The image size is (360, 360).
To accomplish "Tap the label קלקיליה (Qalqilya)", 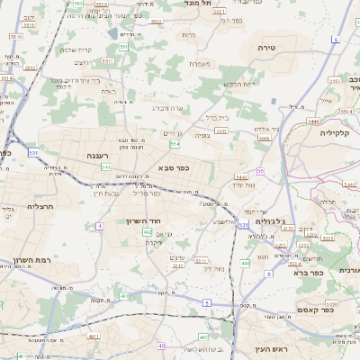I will click(338, 132).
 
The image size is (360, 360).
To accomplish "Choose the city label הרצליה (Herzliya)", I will click(18, 206).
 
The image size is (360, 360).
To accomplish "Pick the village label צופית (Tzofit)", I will click(203, 135).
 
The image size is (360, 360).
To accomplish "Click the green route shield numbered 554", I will click(174, 144).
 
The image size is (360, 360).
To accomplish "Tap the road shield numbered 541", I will click(106, 167).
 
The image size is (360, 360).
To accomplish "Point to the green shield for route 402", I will click(146, 232).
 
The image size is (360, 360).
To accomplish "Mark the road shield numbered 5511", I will click(107, 60).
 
